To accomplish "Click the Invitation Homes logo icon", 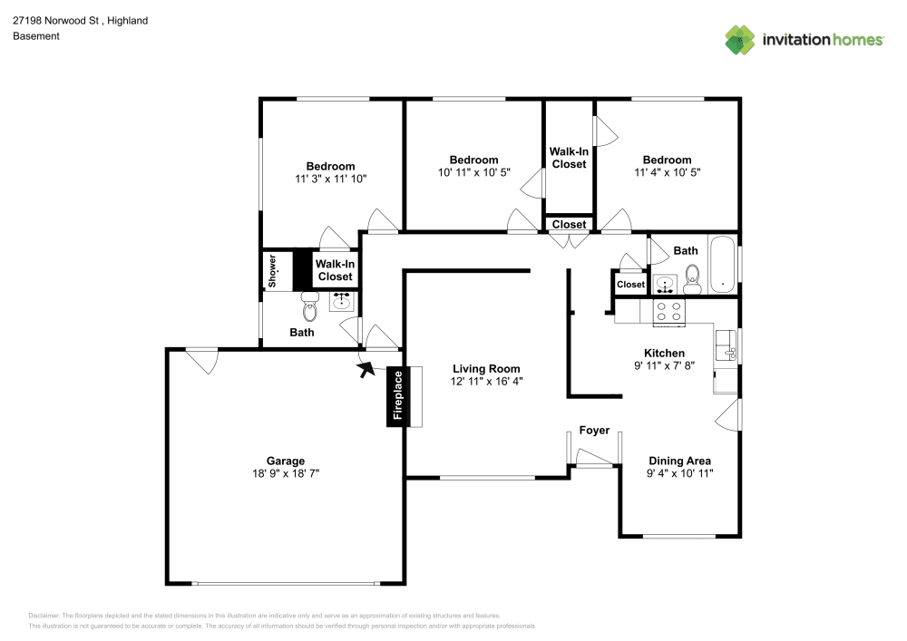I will tap(740, 39).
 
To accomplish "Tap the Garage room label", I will tap(286, 461).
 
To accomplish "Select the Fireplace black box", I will tap(397, 397).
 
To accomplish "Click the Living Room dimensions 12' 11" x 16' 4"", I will tap(487, 382).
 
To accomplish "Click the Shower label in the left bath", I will tap(271, 271).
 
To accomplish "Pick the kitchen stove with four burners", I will tap(670, 311).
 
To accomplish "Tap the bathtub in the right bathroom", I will tap(722, 265).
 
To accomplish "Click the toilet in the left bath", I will tap(310, 306).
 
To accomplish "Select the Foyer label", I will tap(594, 430).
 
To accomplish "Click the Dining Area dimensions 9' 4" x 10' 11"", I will tap(680, 473).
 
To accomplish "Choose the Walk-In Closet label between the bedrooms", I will tap(569, 158).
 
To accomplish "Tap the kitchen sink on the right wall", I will tap(726, 345).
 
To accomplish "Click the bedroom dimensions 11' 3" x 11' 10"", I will tap(330, 179).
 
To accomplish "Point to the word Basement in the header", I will tap(36, 36).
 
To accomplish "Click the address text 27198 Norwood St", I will tap(55, 20).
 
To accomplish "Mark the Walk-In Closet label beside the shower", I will tap(335, 270).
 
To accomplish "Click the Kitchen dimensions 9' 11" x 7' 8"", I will tap(664, 366).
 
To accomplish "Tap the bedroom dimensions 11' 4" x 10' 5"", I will tap(667, 172).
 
